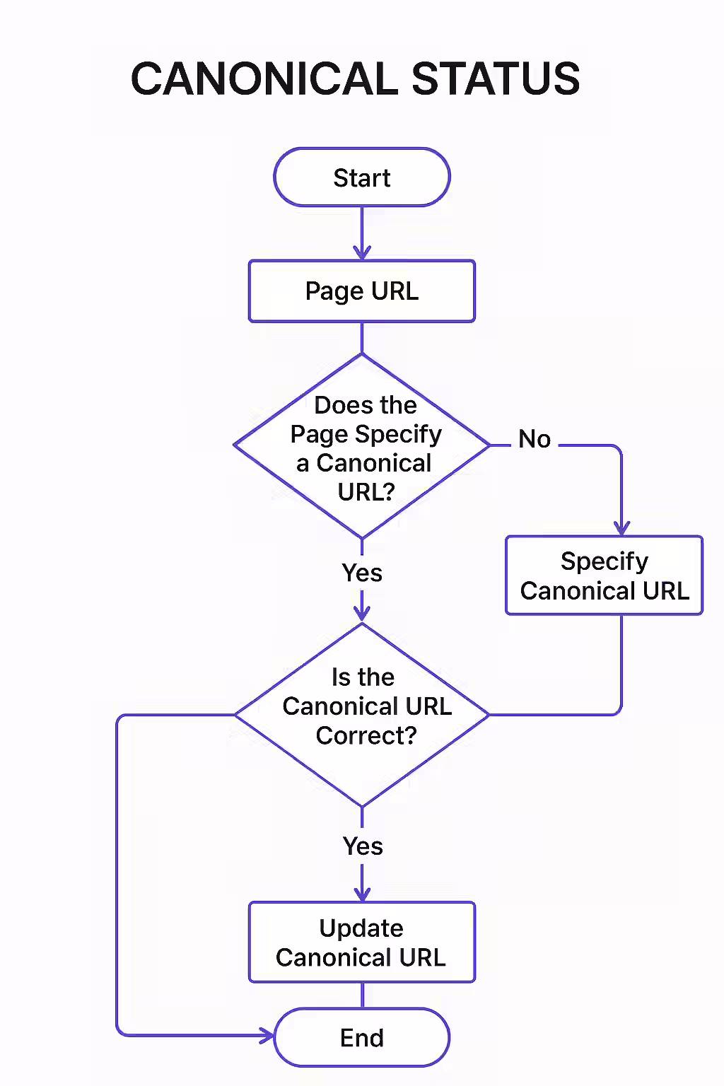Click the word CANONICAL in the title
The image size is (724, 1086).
[x=264, y=78]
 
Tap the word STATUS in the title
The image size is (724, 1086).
[x=496, y=78]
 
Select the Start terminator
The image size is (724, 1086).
[x=362, y=177]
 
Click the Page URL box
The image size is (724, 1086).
[x=362, y=291]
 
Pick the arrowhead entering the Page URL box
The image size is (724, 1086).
[x=362, y=253]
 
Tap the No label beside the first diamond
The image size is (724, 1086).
[x=535, y=439]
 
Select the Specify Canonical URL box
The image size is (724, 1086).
[x=604, y=576]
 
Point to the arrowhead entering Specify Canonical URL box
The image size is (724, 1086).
[x=621, y=528]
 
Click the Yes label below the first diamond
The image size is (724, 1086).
[x=362, y=573]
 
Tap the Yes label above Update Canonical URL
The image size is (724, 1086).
[x=363, y=846]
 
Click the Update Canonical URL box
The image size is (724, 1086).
[x=362, y=942]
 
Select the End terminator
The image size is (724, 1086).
[x=362, y=1038]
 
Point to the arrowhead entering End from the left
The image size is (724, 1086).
[x=268, y=1037]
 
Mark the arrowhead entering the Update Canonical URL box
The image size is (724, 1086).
[x=362, y=894]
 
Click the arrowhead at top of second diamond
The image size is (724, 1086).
[x=362, y=614]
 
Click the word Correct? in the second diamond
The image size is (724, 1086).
[x=366, y=736]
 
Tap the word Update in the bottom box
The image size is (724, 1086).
[x=361, y=928]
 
